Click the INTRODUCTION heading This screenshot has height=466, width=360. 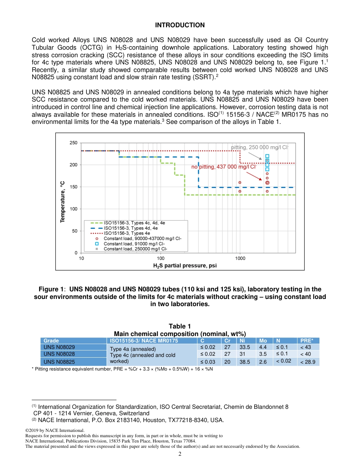pyautogui.click(x=180, y=25)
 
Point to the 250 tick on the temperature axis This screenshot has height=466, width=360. pyautogui.click(x=73, y=143)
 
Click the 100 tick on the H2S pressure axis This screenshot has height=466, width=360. pyautogui.click(x=161, y=258)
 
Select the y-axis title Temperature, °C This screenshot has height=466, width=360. pyautogui.click(x=63, y=202)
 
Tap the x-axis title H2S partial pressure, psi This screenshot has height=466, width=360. pyautogui.click(x=185, y=266)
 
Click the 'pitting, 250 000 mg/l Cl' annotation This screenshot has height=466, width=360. pyautogui.click(x=260, y=147)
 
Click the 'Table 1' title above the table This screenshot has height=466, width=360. pyautogui.click(x=180, y=326)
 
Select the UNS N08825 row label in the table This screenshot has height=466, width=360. pyautogui.click(x=59, y=362)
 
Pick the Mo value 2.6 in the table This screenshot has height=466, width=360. pyautogui.click(x=263, y=362)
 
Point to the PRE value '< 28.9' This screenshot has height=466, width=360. pyautogui.click(x=307, y=362)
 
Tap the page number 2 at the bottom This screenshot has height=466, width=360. pyautogui.click(x=180, y=454)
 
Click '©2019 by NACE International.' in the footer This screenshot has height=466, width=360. pyautogui.click(x=54, y=430)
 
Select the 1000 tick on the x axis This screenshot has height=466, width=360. pyautogui.click(x=240, y=258)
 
